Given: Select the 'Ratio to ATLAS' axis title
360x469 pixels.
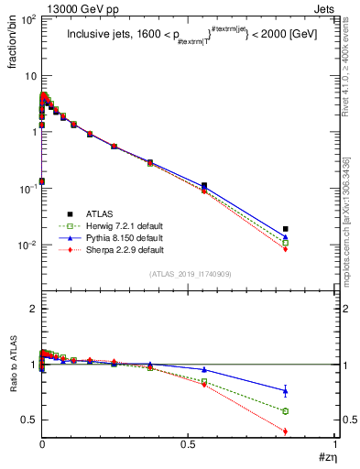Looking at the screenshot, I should [x=13, y=365].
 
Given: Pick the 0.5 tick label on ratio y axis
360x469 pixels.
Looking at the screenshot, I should [x=26, y=420].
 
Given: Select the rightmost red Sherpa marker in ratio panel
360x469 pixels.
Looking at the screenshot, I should [x=311, y=431].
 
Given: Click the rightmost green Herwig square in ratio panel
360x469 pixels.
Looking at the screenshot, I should [x=311, y=411].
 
